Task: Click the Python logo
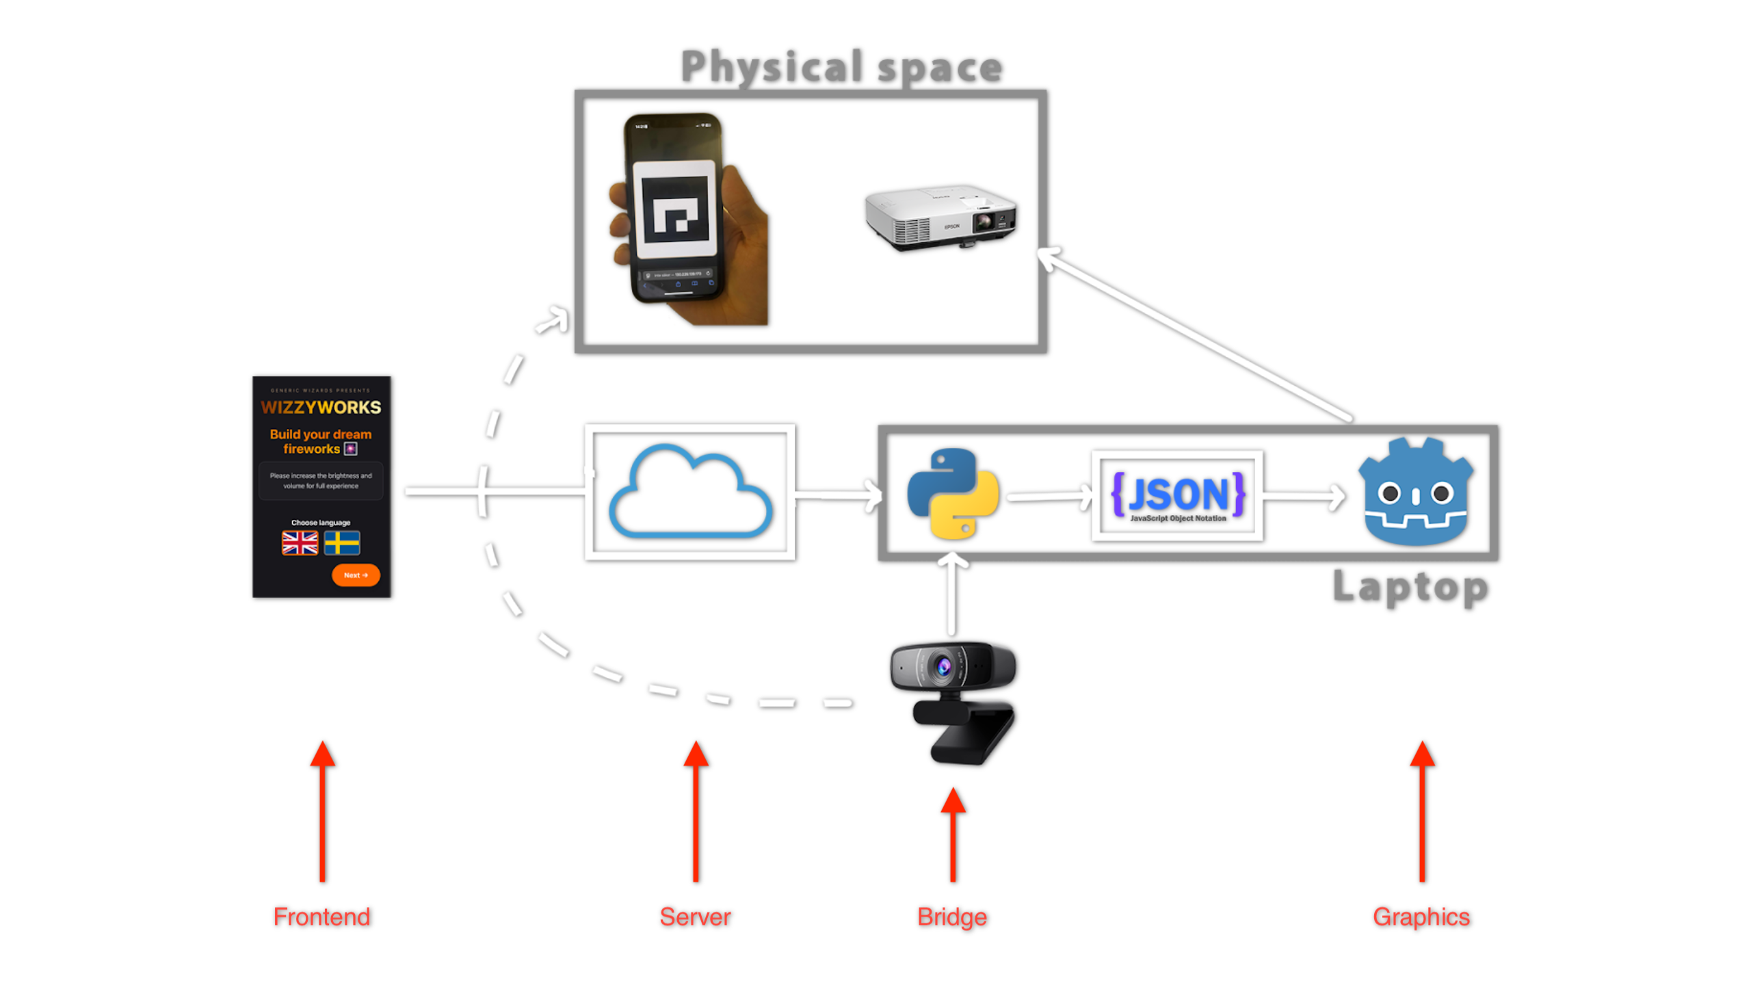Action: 952,494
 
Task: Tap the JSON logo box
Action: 1177,495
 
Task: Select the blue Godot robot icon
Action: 1415,492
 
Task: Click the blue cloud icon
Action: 689,492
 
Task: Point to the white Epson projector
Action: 940,215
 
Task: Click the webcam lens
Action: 944,666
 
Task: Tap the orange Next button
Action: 356,575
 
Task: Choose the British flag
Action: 300,543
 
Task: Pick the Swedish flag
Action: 342,543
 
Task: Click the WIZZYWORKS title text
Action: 321,408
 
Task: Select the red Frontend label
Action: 321,917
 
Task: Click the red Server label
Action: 695,917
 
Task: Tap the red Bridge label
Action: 952,917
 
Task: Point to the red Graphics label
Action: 1421,917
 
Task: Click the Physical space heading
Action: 841,67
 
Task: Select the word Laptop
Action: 1410,587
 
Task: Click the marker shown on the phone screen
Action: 675,209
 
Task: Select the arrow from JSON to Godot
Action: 1303,497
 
